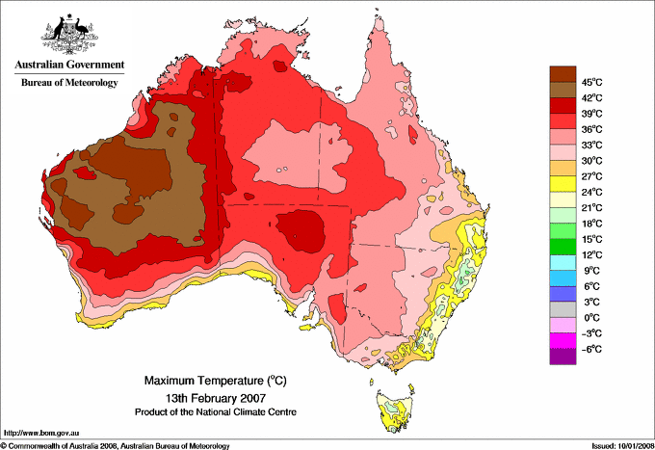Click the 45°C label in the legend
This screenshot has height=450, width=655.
590,82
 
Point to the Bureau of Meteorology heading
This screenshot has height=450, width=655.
68,83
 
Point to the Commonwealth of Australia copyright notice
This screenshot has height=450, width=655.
116,444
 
